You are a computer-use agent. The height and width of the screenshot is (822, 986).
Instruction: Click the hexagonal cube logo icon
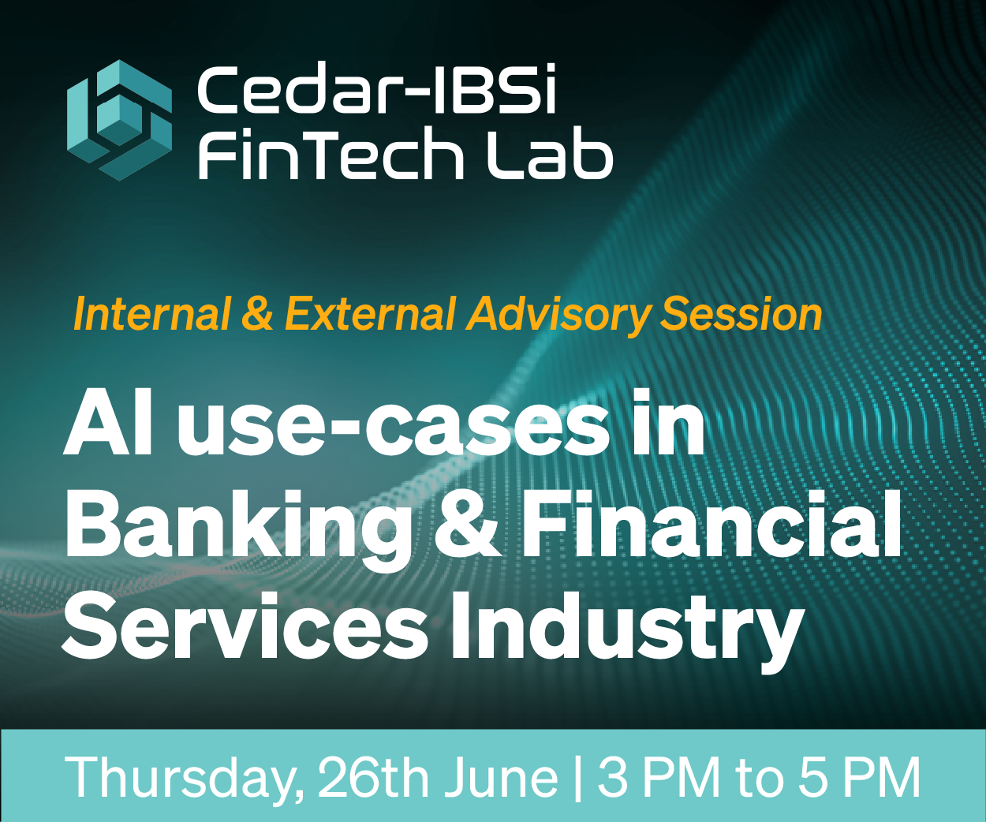pos(119,120)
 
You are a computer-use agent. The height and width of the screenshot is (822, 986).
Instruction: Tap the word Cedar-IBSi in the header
pos(377,89)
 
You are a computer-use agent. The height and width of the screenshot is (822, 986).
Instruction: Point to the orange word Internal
pos(152,314)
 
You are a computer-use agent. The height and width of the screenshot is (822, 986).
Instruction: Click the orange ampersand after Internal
pos(257,314)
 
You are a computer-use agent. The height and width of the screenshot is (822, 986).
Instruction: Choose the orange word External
pos(370,314)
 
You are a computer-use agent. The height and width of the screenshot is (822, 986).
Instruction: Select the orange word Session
pos(741,314)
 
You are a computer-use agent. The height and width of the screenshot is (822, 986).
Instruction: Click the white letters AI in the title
pos(108,428)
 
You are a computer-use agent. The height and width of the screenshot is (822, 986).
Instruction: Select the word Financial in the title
pos(711,524)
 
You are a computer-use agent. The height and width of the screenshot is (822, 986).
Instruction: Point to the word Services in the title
pos(245,626)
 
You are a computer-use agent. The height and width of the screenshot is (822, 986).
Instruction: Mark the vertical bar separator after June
pos(577,778)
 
